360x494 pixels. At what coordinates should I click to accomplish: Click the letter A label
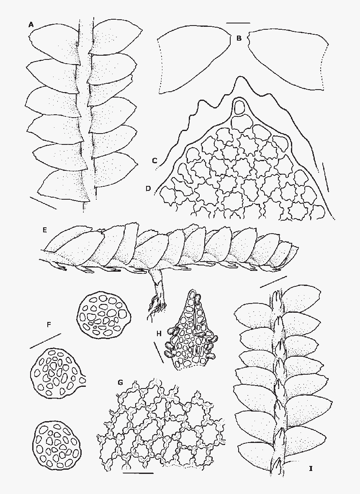coord(31,24)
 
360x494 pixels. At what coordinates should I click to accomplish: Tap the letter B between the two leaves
coord(239,39)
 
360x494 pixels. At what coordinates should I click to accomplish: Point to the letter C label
coord(154,161)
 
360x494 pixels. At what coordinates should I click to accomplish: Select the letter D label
coord(148,188)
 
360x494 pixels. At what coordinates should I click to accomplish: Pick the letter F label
coord(49,324)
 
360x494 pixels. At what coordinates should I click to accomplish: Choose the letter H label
coord(159,333)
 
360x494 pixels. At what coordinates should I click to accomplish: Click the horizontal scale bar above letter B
coord(238,23)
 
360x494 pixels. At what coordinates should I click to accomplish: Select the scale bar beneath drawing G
coord(138,473)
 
